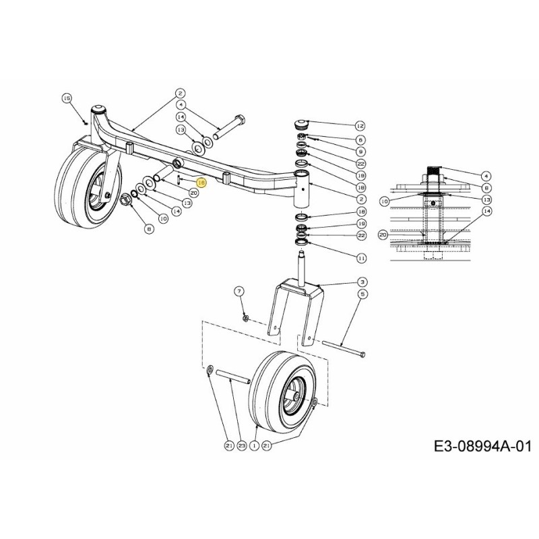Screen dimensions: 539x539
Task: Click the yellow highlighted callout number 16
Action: pos(199,183)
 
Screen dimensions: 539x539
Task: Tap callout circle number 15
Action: pos(66,98)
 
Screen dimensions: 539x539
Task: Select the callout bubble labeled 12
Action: pos(359,126)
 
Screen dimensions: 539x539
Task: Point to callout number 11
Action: pos(361,258)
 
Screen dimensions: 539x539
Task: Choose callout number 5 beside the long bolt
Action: pos(362,294)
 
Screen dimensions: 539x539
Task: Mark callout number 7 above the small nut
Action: pos(238,291)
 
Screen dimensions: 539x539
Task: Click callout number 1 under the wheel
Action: pos(254,445)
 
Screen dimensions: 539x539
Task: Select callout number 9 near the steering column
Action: pos(361,152)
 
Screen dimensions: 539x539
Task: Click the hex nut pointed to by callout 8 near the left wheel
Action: pos(125,199)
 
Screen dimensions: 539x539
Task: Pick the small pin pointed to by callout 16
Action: pos(178,181)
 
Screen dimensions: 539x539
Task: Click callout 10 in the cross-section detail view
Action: pos(384,201)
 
